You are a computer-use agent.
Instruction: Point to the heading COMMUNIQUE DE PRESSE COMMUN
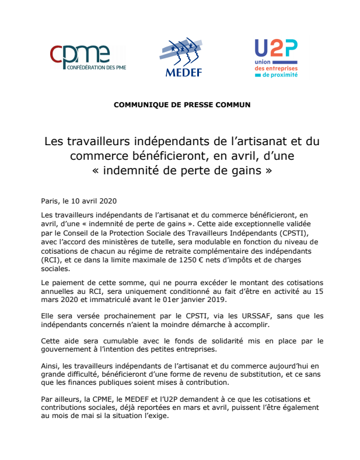[x=182, y=105]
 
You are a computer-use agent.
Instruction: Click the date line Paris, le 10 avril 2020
[x=79, y=201]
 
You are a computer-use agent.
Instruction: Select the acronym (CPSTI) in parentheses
[x=281, y=233]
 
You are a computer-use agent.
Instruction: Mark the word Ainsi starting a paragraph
[x=50, y=366]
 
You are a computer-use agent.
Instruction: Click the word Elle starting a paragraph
[x=48, y=316]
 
